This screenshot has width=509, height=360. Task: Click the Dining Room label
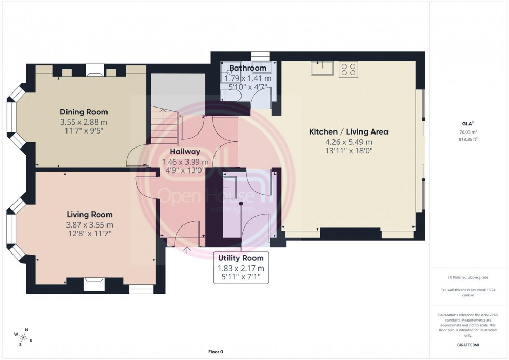coord(84,112)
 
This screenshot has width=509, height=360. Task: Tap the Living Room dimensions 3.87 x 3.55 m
coord(89,224)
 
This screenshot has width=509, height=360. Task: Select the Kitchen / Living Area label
coord(349,132)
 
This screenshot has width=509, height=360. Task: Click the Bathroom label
coord(247,68)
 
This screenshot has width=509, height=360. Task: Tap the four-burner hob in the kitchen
coord(348,70)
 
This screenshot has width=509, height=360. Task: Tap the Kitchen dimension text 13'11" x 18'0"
coord(349,151)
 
